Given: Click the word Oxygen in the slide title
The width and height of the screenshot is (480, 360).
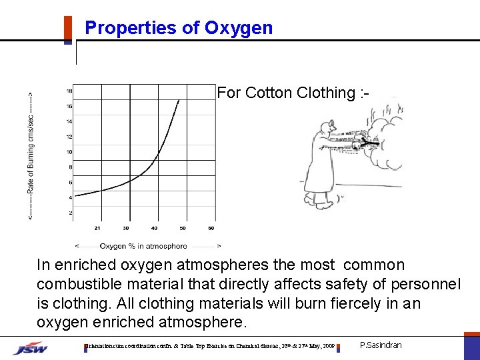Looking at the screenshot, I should [x=239, y=28].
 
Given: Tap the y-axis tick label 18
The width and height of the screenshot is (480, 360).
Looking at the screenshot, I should [x=69, y=91].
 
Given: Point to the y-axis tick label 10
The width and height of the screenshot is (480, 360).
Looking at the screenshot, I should [x=69, y=151].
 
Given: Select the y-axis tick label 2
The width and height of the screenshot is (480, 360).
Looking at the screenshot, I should [x=71, y=213].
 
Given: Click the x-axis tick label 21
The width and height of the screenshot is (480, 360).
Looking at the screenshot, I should [x=98, y=228].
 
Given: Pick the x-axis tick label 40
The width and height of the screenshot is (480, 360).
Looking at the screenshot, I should [x=155, y=228].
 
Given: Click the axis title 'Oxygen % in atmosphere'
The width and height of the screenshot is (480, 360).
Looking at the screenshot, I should [x=149, y=245].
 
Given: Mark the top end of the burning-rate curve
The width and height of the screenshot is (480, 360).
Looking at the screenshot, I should [x=179, y=100].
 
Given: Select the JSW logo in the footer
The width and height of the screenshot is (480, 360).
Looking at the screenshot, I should [x=31, y=347].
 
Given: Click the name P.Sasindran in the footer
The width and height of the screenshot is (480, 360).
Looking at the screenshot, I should [x=381, y=345].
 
